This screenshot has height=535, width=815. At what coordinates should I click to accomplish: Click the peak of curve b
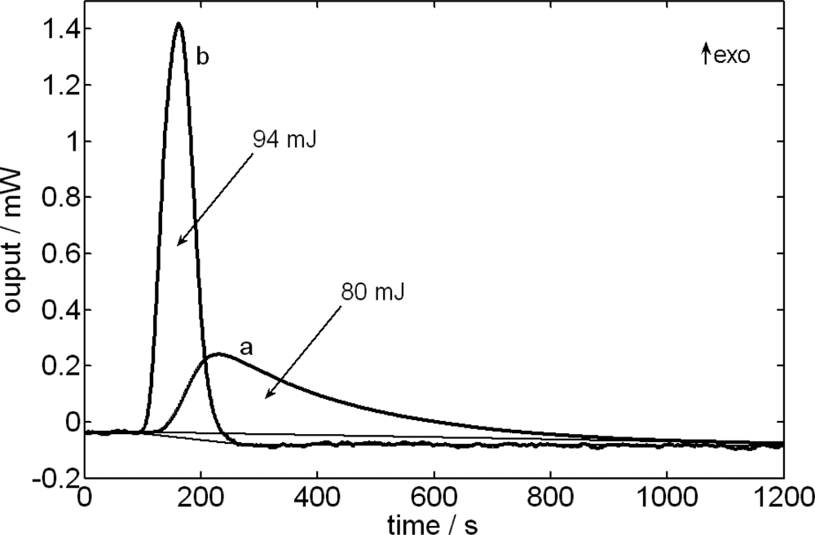click(178, 24)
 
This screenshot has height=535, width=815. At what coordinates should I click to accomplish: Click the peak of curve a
click(218, 354)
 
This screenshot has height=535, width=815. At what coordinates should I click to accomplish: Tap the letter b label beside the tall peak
click(202, 59)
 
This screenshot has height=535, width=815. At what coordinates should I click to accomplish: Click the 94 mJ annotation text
click(284, 139)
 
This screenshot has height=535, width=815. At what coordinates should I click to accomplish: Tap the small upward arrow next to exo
click(706, 55)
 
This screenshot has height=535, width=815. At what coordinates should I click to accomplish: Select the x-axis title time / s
click(434, 520)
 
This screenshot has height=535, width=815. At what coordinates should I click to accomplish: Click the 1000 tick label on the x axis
click(666, 496)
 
